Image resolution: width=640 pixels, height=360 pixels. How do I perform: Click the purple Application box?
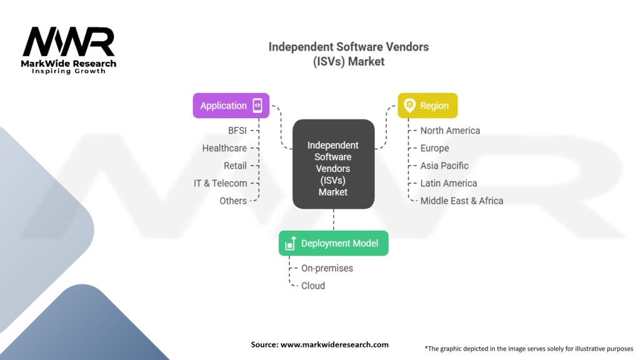pos(231,106)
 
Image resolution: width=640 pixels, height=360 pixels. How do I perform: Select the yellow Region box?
pos(427,106)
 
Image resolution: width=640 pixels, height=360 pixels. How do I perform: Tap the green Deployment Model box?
pos(333,243)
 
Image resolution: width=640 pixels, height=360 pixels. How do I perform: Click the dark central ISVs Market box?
pos(333,164)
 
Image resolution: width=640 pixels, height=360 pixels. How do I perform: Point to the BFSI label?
pos(237,131)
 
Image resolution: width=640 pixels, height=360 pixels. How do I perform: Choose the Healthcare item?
pos(224,148)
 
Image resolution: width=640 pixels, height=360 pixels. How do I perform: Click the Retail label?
pos(235,166)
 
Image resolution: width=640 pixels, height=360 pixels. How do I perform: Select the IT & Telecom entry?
pos(220,183)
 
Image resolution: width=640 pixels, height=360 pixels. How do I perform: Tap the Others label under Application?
pos(233,201)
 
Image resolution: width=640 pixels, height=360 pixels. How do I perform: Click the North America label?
pos(450,131)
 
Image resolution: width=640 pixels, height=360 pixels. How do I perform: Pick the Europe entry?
pos(434,148)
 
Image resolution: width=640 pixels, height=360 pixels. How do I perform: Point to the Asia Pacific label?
pos(444,166)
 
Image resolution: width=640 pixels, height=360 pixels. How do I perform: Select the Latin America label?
pos(448,183)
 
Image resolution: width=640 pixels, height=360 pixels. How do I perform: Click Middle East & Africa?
pos(461,201)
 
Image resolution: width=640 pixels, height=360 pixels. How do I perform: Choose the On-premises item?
pos(327,268)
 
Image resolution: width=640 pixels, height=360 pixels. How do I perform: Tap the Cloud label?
pos(313,286)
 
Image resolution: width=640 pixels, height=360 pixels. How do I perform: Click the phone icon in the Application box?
pos(257,106)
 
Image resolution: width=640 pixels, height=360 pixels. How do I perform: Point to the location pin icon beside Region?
pos(410,106)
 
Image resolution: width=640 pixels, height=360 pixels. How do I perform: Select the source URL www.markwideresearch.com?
pos(334,344)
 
